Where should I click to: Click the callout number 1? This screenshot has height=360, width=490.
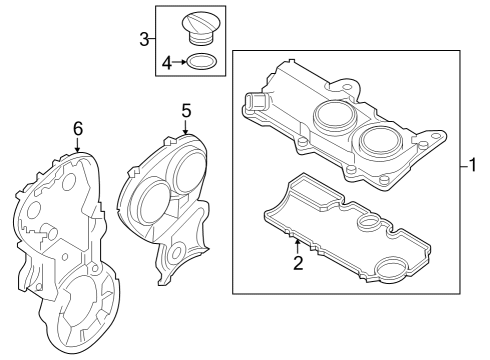[472, 165]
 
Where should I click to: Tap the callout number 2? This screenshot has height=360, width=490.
[298, 263]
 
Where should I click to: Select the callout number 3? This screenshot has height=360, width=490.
[144, 39]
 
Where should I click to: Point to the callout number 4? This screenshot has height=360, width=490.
[167, 63]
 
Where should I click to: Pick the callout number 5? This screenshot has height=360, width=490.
[186, 111]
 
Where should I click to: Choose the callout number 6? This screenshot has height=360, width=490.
[78, 129]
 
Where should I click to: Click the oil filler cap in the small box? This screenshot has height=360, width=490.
[201, 28]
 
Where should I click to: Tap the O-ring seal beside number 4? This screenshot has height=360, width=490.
[202, 62]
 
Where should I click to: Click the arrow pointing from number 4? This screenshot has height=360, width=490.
[180, 62]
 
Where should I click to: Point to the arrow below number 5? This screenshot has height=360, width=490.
[186, 127]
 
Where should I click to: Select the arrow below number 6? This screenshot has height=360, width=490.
[77, 145]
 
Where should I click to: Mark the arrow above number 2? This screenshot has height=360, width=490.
[298, 247]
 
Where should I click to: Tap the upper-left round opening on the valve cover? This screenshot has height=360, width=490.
[335, 115]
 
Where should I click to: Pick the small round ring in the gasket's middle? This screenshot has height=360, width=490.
[368, 222]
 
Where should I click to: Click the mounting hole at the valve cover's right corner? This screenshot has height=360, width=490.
[436, 136]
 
